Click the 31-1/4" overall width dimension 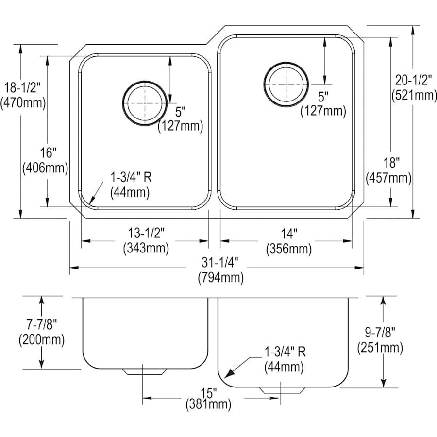[x=220, y=263]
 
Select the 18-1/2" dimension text [x=23, y=88]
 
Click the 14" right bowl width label [x=288, y=234]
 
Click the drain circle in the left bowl [x=143, y=103]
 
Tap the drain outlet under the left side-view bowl [x=144, y=371]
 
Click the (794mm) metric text [x=220, y=278]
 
